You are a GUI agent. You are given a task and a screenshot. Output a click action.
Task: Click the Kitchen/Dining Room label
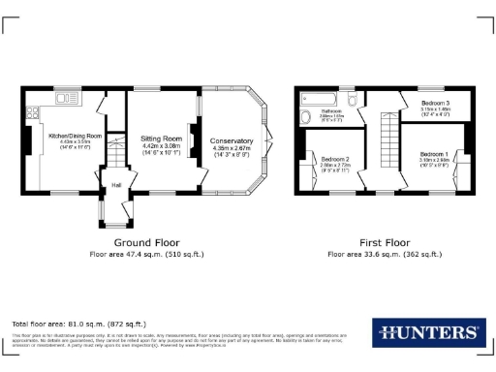(x=75, y=136)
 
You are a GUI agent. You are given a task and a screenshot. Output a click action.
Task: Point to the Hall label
(x=116, y=185)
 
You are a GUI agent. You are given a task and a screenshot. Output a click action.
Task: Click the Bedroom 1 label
(x=433, y=154)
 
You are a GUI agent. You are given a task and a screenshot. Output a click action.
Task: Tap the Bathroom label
(x=332, y=111)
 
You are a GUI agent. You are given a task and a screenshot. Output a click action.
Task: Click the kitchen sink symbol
(x=67, y=98)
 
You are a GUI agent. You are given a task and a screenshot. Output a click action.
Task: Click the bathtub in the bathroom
(x=318, y=98)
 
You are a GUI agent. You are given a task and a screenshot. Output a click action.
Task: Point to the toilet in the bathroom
(x=353, y=99)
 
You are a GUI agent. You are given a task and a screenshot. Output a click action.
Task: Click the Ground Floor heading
(x=147, y=242)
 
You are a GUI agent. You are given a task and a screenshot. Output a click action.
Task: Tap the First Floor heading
(x=385, y=242)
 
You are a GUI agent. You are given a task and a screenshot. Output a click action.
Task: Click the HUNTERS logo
(x=425, y=331)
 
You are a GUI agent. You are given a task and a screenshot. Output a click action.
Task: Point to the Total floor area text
(x=78, y=323)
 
